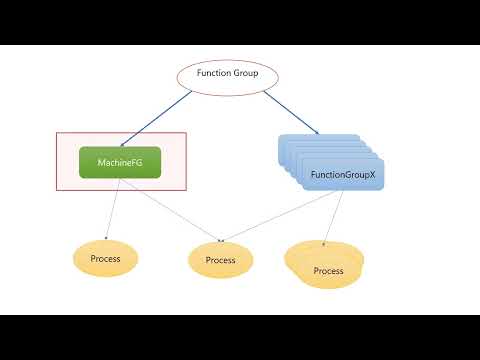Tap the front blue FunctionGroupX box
pos(341,175)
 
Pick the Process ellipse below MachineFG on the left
pos(105,259)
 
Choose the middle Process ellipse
pos(220,260)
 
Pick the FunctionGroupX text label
pos(341,175)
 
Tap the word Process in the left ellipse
pos(105,259)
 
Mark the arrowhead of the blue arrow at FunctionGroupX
pos(317,133)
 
